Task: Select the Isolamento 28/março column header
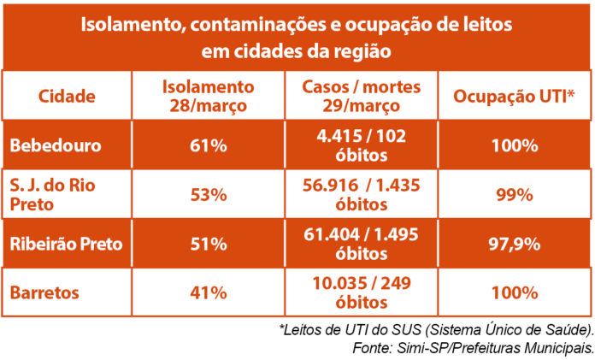pyautogui.click(x=209, y=96)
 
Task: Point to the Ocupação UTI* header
pyautogui.click(x=513, y=96)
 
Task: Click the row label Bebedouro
pyautogui.click(x=56, y=145)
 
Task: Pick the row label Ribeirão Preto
pyautogui.click(x=67, y=244)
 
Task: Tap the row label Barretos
pyautogui.click(x=44, y=292)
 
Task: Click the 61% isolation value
pyautogui.click(x=209, y=145)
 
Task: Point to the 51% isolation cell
pyautogui.click(x=209, y=244)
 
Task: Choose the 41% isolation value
pyautogui.click(x=209, y=292)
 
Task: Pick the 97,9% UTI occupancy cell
pyautogui.click(x=513, y=244)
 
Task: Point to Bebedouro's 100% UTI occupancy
pyautogui.click(x=513, y=145)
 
